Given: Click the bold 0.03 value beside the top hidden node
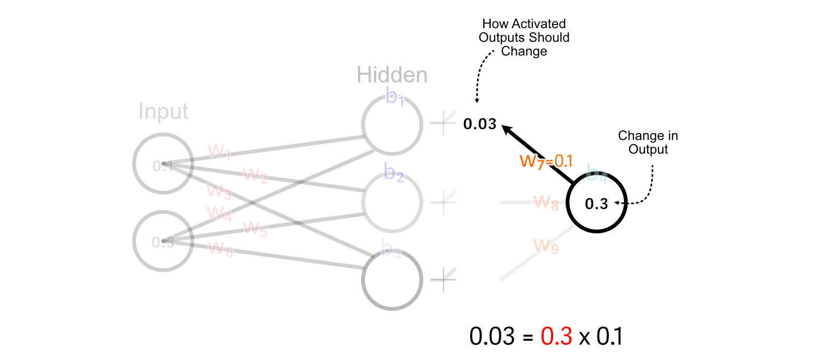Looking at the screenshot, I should point(480,124).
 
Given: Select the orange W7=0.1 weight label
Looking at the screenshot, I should point(546,162).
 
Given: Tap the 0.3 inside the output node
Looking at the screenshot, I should point(596,203).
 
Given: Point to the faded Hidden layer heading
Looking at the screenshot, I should point(392,75).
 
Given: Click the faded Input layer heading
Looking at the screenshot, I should point(163,112).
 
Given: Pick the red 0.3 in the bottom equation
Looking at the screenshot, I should point(556,337).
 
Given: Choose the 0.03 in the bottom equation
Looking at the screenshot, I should point(492,337).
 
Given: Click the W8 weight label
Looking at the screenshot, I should point(546,202).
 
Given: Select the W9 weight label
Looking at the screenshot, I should point(546,246).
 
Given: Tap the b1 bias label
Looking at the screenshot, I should point(395,97).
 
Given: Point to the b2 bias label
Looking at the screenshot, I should point(393,172).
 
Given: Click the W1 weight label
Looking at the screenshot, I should point(219,152).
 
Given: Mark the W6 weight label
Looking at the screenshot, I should point(221,249).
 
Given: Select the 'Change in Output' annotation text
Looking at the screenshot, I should point(648,142).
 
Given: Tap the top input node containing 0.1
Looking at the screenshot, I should point(163,164).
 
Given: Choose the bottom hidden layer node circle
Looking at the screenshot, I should point(392,280).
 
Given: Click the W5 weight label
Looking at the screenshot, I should point(255,229).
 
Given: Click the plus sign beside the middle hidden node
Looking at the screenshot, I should point(444,202).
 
